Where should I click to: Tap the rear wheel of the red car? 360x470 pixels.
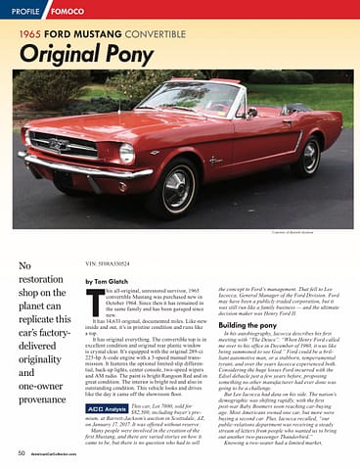tap(311, 157)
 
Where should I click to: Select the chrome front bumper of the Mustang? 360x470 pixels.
tap(59, 172)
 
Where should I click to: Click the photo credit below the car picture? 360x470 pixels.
tap(322, 233)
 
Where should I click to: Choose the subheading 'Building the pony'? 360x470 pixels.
tap(253, 323)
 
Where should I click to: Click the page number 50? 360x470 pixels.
tap(21, 453)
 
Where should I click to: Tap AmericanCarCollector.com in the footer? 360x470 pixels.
tap(66, 454)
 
